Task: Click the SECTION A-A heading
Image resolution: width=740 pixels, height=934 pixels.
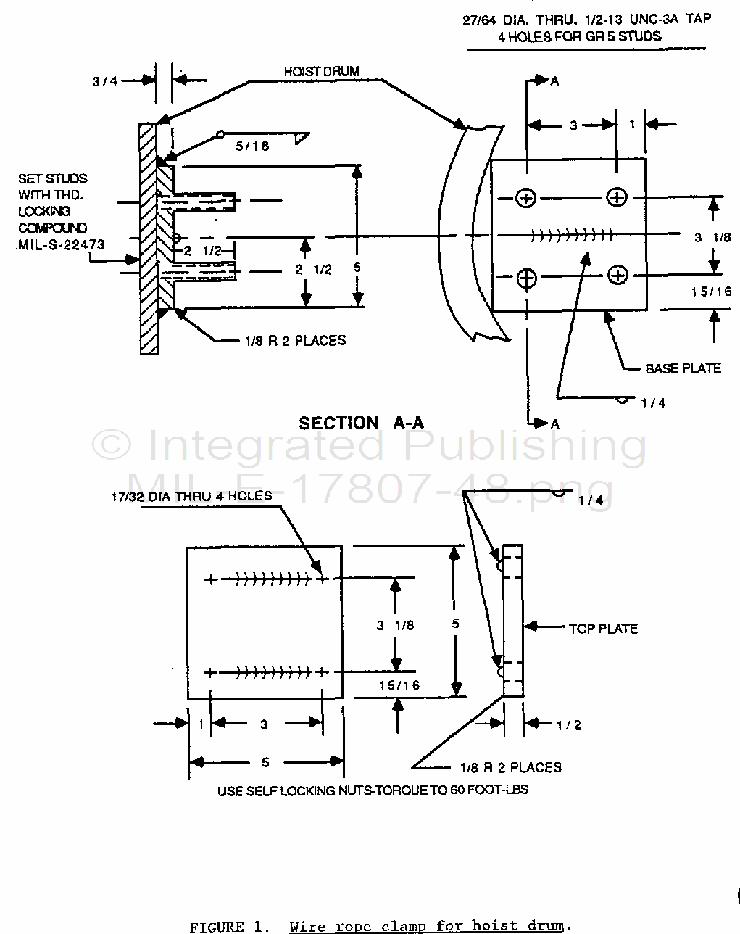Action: point(361,423)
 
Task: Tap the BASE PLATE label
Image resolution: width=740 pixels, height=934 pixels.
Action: point(683,368)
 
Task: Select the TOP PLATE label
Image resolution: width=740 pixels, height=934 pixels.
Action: point(603,628)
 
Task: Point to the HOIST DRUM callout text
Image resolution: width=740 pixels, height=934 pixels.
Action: point(321,71)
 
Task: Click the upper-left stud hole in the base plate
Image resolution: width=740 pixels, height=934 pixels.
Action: point(527,197)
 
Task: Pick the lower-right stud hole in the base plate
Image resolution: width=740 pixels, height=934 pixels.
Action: point(618,275)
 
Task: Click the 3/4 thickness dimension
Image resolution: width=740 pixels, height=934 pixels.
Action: point(105,81)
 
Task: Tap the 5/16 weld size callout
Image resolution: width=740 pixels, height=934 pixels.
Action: point(252,145)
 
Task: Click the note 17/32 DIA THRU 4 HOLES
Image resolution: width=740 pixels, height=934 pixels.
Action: point(191,497)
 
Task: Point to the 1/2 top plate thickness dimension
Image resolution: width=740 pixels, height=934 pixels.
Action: point(568,724)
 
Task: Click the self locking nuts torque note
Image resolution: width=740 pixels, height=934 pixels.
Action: point(373,790)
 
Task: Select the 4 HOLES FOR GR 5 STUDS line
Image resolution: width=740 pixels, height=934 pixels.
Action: point(579,36)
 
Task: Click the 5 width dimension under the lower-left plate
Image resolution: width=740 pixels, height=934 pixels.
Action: point(265,761)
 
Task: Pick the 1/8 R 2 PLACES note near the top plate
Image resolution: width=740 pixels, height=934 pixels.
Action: point(510,766)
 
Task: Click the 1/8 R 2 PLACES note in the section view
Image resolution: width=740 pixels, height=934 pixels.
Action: point(295,340)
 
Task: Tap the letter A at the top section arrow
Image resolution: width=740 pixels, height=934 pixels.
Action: point(555,81)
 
